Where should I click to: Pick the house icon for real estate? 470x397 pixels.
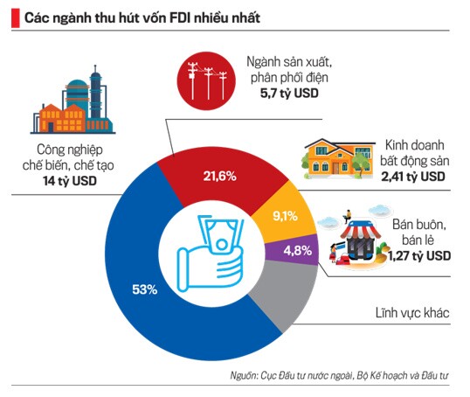coord(335,157)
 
